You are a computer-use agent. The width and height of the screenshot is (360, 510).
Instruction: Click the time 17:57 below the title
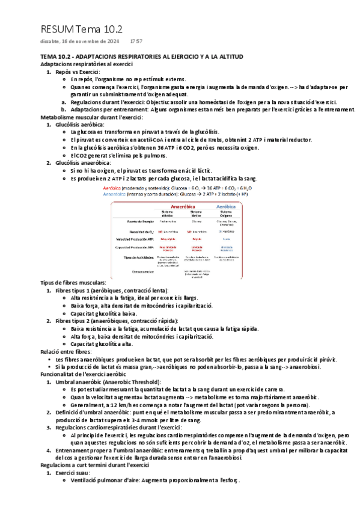coord(136,42)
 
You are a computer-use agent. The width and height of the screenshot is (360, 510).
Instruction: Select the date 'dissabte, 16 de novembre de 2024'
coord(78,42)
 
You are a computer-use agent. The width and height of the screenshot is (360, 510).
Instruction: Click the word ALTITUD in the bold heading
coord(229,56)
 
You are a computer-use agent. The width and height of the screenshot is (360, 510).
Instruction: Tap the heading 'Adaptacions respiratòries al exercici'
coord(86,64)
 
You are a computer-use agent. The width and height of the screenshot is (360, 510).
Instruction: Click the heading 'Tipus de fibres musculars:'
coord(73,283)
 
